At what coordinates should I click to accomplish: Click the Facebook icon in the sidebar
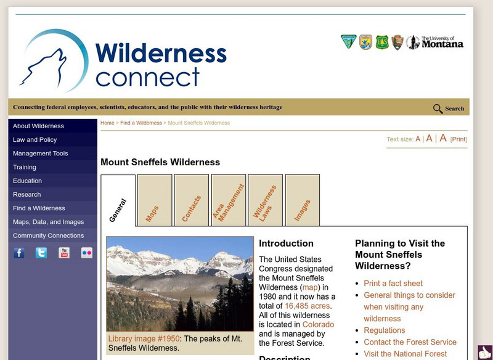[19, 253]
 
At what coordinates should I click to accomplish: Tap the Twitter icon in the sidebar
[41, 253]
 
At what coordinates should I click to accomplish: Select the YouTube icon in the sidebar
[64, 253]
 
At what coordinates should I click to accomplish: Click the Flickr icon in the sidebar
[87, 253]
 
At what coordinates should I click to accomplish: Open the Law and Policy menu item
[35, 140]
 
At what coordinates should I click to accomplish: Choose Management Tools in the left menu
[40, 153]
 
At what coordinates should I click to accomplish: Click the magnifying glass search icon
[438, 109]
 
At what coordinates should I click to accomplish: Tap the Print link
[458, 139]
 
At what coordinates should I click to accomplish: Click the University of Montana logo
[442, 43]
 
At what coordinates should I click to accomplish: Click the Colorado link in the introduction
[318, 324]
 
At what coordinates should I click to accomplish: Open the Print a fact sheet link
[393, 284]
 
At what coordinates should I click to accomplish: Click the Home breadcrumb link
[107, 123]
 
